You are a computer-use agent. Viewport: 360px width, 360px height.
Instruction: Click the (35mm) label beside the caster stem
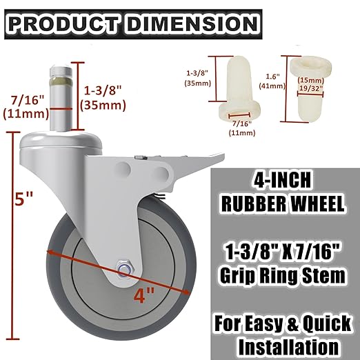(x=99, y=106)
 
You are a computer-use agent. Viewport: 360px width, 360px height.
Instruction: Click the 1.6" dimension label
(x=271, y=78)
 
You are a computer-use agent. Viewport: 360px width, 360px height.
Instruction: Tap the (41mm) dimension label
(x=271, y=88)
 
